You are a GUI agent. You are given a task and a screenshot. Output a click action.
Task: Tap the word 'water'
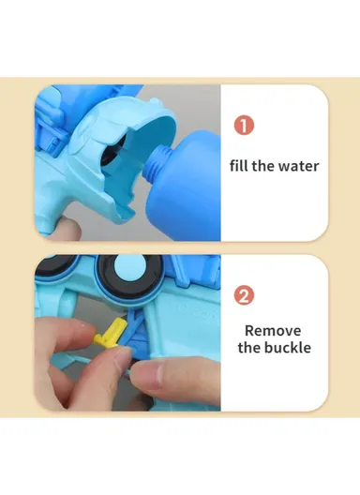point(298,166)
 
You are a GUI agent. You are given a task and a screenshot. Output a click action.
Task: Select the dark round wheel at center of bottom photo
point(131,281)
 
